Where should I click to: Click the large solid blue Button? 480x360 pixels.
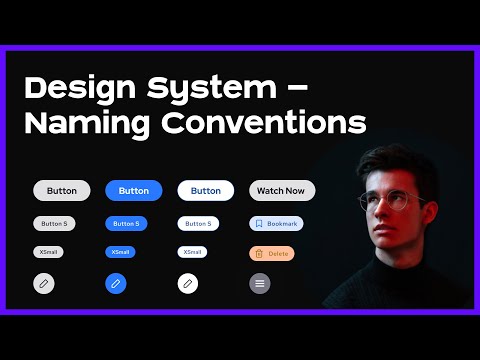[x=134, y=190]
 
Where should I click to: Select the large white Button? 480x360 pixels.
[x=206, y=190]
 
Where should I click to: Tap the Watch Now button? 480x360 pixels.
[x=281, y=190]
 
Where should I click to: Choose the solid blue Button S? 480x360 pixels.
[x=127, y=224]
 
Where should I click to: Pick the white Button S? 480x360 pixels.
[x=199, y=224]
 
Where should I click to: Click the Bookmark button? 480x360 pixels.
[x=276, y=224]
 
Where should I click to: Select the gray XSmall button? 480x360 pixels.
[x=48, y=252]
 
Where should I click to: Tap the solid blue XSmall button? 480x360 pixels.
[x=121, y=252]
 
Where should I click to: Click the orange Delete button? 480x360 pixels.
[x=272, y=254]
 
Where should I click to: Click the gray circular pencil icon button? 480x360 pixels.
[x=44, y=284]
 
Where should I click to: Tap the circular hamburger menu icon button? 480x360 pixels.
[x=260, y=284]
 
